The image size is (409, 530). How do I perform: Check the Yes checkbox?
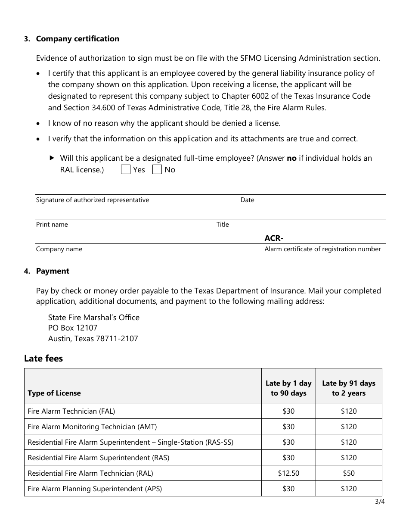pyautogui.click(x=126, y=169)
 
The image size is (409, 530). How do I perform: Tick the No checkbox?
pyautogui.click(x=157, y=169)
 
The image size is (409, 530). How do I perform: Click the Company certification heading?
pyautogui.click(x=77, y=39)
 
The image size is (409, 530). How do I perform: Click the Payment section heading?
pyautogui.click(x=53, y=271)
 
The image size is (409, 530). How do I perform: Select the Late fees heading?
pyautogui.click(x=43, y=359)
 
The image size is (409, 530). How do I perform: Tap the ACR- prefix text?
pyautogui.click(x=274, y=238)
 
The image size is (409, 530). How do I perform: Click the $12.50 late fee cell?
pyautogui.click(x=288, y=473)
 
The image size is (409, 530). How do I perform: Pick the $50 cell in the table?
pyautogui.click(x=349, y=473)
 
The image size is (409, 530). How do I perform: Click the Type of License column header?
pyautogui.click(x=54, y=393)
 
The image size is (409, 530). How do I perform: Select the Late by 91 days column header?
pyautogui.click(x=349, y=388)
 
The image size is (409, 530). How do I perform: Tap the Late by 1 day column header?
pyautogui.click(x=288, y=388)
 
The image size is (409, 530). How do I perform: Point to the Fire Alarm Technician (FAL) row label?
pyautogui.click(x=71, y=411)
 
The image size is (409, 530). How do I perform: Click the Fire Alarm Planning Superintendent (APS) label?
pyautogui.click(x=95, y=489)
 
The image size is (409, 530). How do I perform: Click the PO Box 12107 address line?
pyautogui.click(x=73, y=328)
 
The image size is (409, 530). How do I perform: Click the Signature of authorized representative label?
pyautogui.click(x=93, y=200)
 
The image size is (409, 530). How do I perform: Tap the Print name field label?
pyautogui.click(x=52, y=224)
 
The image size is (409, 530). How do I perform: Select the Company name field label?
pyautogui.click(x=59, y=249)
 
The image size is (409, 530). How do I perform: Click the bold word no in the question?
pyautogui.click(x=291, y=158)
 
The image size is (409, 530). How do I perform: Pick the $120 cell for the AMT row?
pyautogui.click(x=349, y=427)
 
